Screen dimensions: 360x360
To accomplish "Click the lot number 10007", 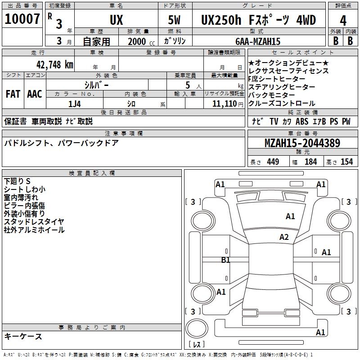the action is [x=22, y=19].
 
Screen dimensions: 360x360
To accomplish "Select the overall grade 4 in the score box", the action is [x=343, y=21].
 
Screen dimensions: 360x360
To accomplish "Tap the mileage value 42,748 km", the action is [x=55, y=64].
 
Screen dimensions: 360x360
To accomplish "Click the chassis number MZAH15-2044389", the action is [x=302, y=143].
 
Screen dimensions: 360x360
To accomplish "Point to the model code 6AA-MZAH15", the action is [x=258, y=41].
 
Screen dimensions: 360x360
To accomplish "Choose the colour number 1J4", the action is [x=75, y=104].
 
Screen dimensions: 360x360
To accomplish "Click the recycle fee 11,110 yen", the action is [x=228, y=104].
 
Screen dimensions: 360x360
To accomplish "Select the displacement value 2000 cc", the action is [x=141, y=41].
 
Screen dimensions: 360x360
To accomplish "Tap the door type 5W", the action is [x=174, y=20].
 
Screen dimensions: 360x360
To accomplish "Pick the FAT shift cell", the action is [x=13, y=94].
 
